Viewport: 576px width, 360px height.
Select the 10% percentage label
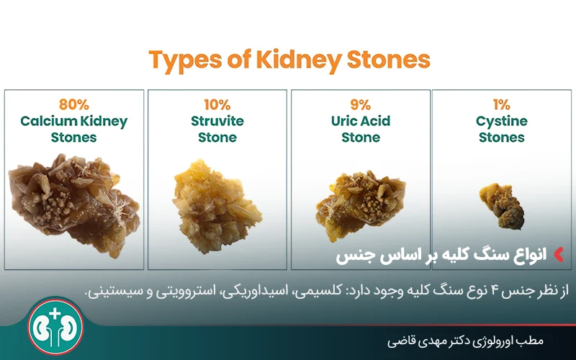coord(217,105)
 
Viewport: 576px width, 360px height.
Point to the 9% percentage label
coord(360,105)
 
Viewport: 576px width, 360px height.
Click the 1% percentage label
coord(502,105)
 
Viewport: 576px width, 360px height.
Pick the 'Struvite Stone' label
coord(217,129)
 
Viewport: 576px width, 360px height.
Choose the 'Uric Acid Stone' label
coord(360,129)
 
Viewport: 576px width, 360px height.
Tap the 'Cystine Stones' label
coord(502,129)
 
